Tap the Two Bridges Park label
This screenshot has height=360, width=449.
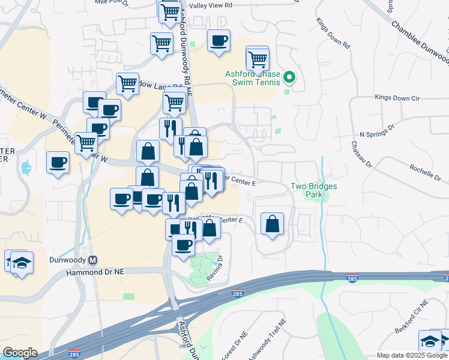tap(314, 190)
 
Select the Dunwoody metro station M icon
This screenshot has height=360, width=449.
tap(93, 260)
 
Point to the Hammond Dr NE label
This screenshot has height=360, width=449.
tap(94, 272)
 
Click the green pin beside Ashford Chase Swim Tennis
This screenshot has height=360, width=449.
tap(289, 76)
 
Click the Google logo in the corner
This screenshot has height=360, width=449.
tap(20, 353)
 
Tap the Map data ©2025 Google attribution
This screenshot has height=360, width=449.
tap(412, 355)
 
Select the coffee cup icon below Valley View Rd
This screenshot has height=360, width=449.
tap(218, 41)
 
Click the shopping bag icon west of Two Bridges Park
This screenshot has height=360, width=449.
tap(273, 224)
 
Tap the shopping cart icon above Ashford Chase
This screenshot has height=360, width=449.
tap(258, 59)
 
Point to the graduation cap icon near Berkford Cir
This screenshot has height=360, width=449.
tap(430, 341)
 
